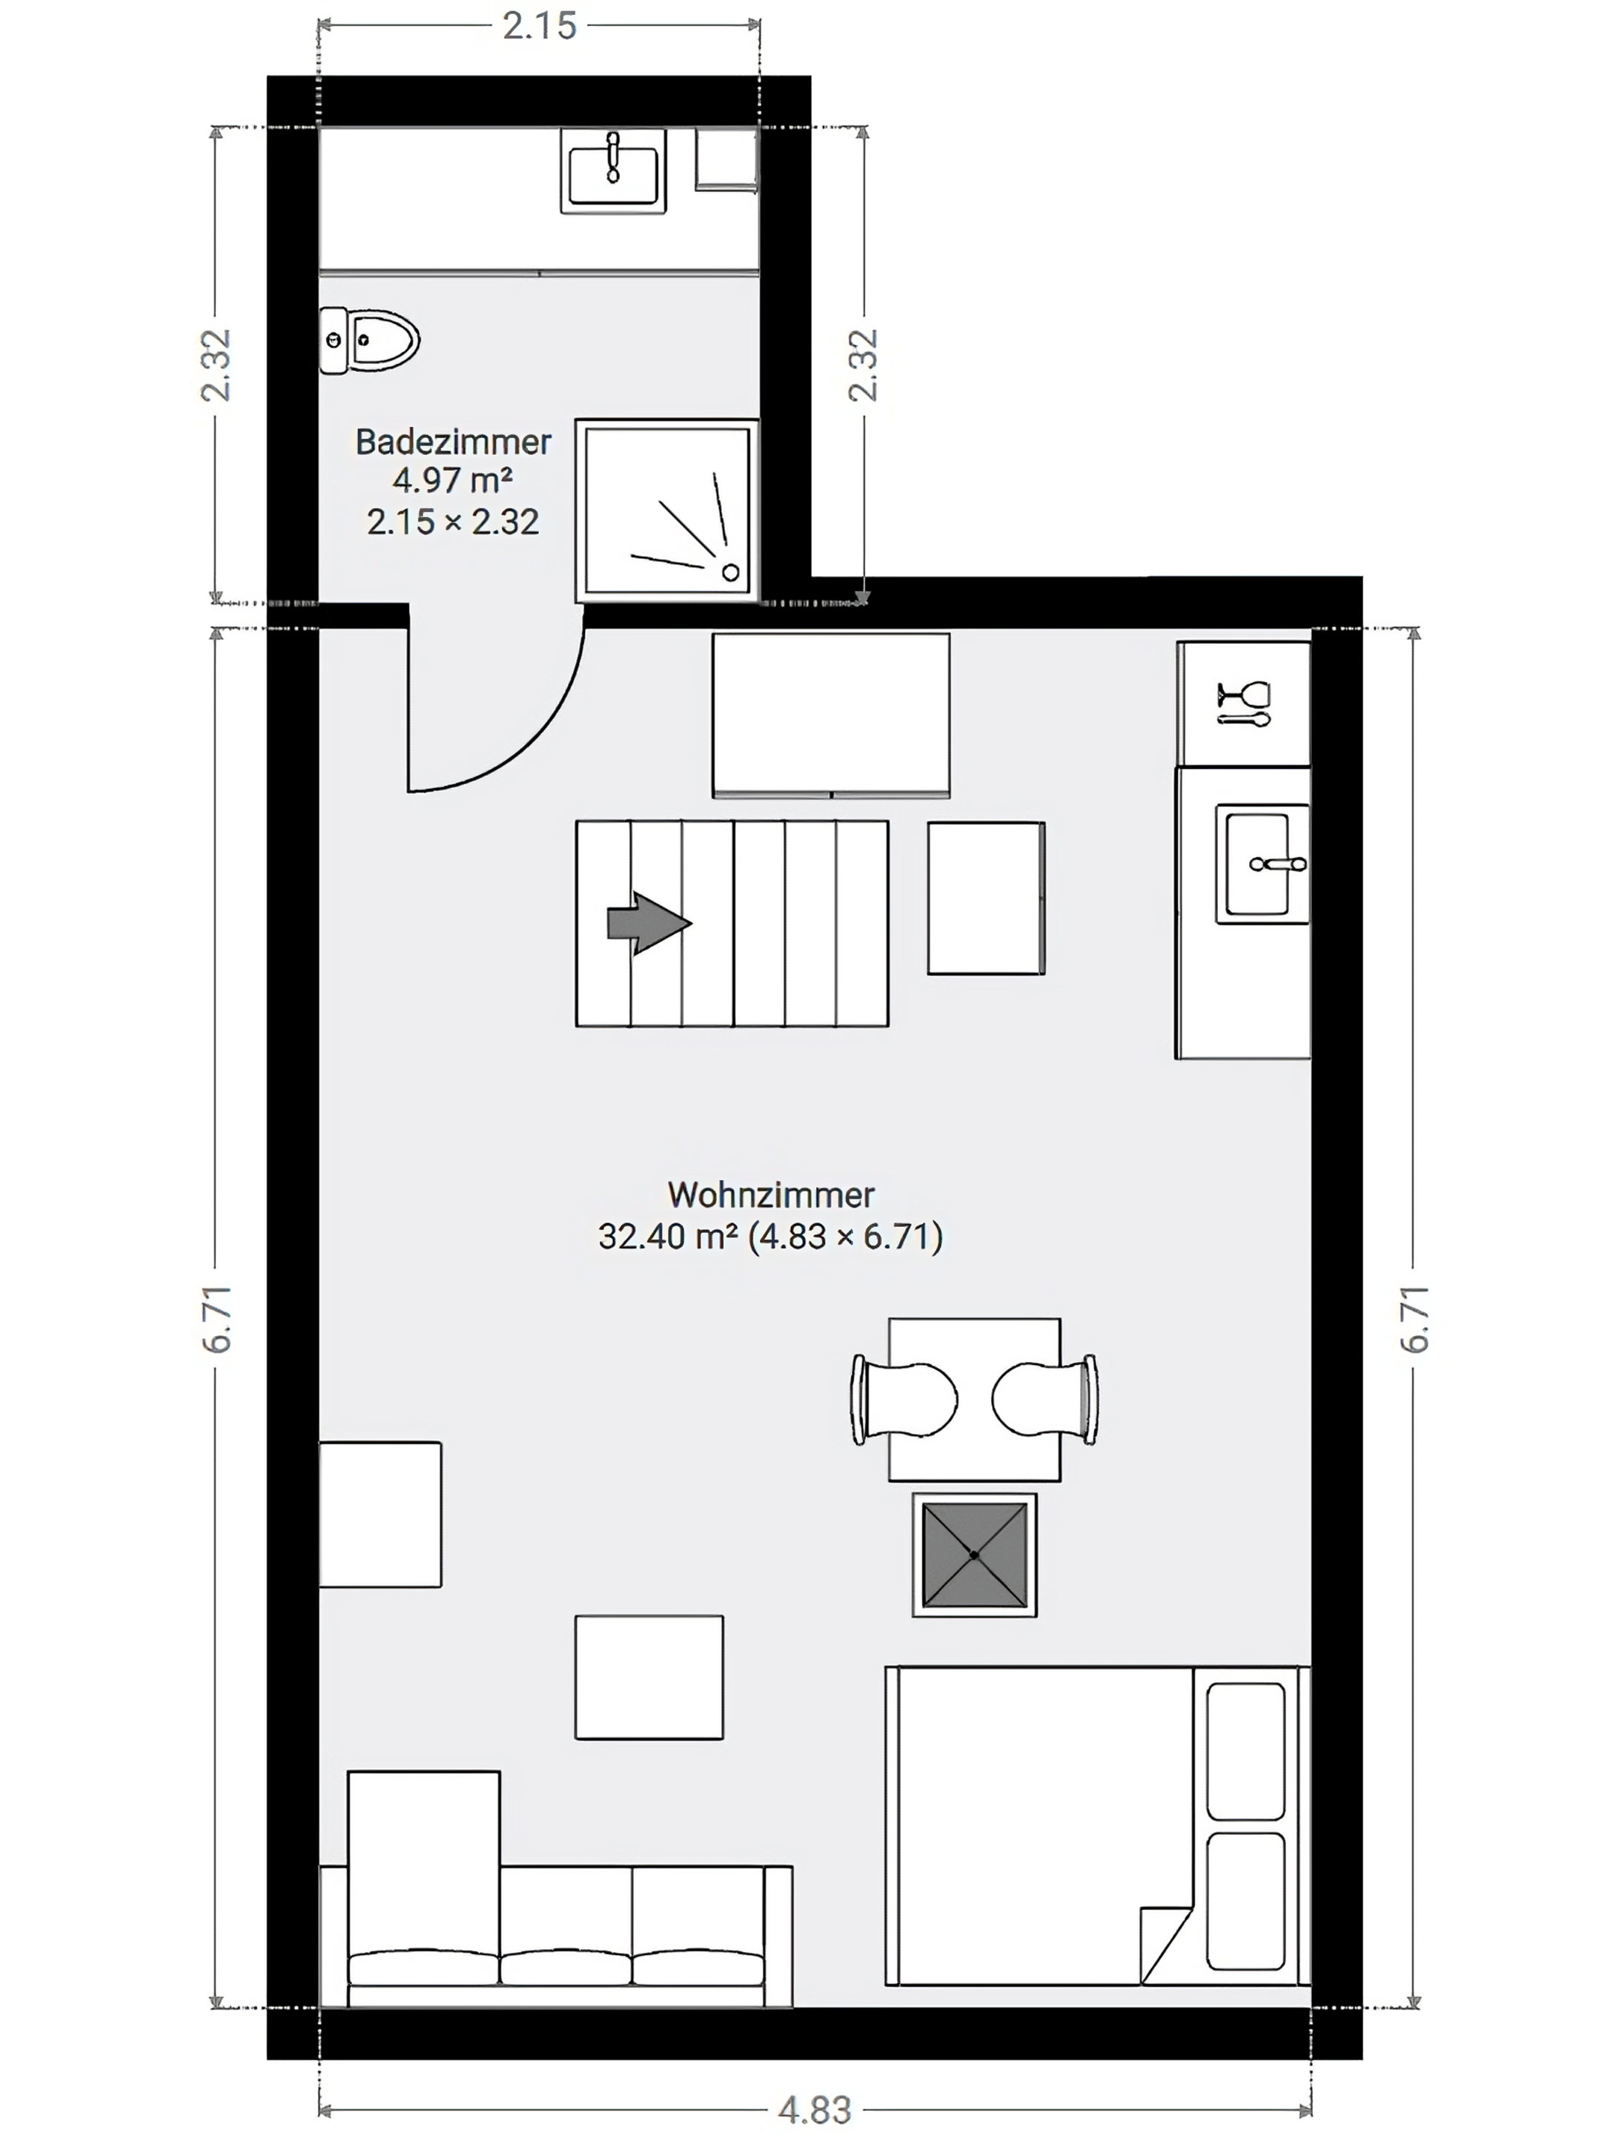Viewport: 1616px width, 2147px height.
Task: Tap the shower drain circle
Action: click(x=731, y=572)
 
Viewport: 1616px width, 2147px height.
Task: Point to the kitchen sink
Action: click(x=1262, y=863)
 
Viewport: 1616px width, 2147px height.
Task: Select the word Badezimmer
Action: click(x=453, y=443)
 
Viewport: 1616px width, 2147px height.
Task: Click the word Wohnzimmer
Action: click(x=771, y=1195)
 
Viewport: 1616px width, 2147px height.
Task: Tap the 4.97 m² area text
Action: click(x=452, y=480)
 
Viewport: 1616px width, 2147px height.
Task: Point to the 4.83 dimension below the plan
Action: click(x=815, y=2110)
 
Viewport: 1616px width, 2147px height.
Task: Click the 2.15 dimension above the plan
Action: click(x=540, y=26)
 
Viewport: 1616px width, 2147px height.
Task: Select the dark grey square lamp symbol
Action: click(x=975, y=1555)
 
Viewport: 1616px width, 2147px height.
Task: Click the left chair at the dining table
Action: click(x=904, y=1400)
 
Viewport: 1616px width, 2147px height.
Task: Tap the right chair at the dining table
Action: click(x=1045, y=1400)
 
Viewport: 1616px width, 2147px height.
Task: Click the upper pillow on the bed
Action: click(x=1245, y=1751)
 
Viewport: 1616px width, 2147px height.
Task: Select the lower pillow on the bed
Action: click(x=1245, y=1900)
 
